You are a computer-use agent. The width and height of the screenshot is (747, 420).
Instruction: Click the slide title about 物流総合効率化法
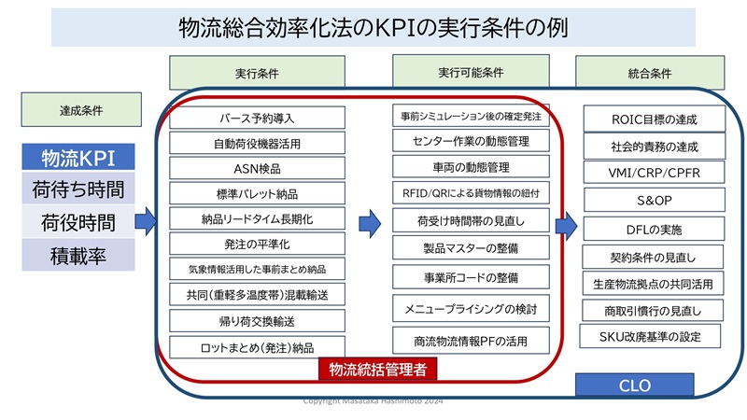click(373, 27)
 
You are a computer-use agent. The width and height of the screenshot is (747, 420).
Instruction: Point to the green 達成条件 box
click(75, 110)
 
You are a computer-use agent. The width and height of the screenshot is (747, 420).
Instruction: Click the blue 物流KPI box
click(78, 156)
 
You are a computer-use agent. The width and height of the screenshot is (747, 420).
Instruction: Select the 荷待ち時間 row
click(78, 189)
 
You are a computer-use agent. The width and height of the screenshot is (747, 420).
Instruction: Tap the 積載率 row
click(78, 254)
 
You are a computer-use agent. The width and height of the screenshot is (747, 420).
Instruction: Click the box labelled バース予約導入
click(257, 118)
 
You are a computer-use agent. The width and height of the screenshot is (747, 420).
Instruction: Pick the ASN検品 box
click(257, 169)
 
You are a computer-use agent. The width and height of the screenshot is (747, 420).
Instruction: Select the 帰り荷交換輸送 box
click(257, 322)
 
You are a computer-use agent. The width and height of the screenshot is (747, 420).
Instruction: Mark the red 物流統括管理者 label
click(378, 370)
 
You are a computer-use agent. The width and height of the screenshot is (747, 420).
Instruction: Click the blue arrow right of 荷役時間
click(145, 221)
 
